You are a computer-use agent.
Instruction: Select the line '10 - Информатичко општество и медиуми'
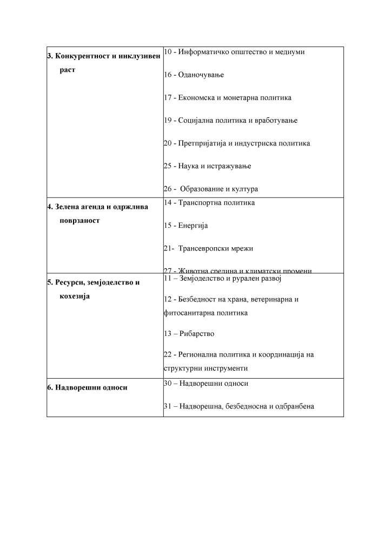tap(234, 52)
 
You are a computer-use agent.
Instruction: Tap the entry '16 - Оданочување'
tap(194, 75)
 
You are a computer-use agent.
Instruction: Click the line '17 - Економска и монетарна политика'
tap(227, 97)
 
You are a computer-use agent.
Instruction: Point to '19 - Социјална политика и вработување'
tap(230, 120)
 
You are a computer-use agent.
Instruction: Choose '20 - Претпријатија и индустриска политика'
tap(236, 143)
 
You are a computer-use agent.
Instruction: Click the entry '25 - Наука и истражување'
tap(207, 166)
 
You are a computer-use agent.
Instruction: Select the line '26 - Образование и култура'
tap(211, 189)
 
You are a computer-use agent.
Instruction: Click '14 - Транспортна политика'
tap(209, 202)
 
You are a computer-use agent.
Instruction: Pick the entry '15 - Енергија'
tap(185, 225)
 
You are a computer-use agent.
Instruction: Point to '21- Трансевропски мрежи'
tap(208, 248)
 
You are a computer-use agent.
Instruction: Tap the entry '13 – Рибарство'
tap(189, 334)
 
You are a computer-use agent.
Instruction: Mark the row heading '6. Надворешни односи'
tap(87, 387)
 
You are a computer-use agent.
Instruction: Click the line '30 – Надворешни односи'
tap(206, 383)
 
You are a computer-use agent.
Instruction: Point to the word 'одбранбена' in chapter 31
tap(295, 406)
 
